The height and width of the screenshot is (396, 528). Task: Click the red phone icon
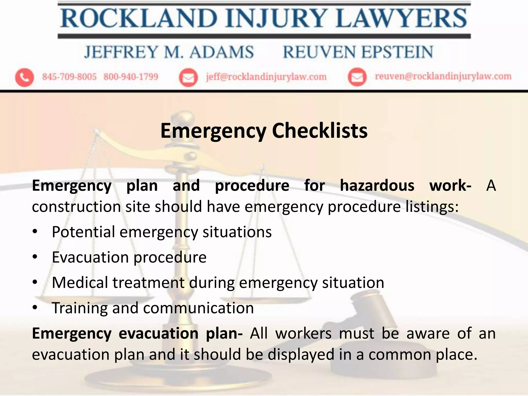24,77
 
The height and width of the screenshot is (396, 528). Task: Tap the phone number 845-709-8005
69,77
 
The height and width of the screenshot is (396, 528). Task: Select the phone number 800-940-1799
131,77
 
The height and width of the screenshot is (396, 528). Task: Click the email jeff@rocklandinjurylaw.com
266,77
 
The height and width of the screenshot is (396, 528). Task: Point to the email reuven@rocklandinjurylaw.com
443,76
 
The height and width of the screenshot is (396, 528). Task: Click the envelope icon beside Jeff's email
188,77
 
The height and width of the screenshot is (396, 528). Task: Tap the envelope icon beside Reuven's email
357,77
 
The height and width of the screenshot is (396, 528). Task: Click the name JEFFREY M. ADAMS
169,52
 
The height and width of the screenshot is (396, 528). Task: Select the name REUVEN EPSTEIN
358,52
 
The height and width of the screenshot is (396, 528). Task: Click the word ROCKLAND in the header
139,19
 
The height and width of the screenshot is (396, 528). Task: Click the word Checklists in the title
320,131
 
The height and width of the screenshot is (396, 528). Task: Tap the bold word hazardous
377,186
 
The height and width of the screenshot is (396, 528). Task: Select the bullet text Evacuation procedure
129,257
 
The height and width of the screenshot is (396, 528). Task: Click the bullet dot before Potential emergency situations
35,232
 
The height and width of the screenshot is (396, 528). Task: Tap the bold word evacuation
159,333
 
